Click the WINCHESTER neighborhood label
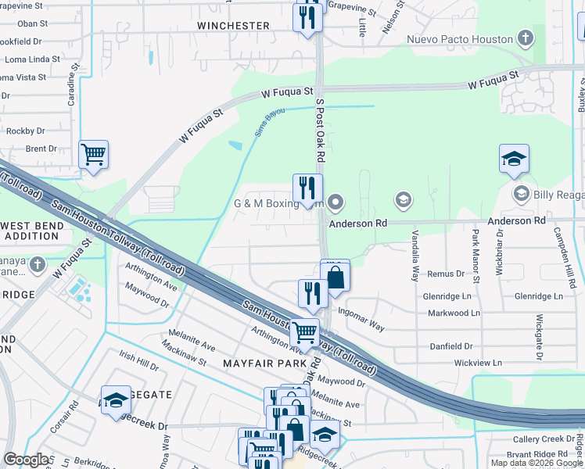(233, 26)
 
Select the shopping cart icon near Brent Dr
(94, 155)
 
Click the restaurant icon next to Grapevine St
(307, 17)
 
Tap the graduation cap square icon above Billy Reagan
(514, 159)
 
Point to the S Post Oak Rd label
(320, 130)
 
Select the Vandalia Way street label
(415, 259)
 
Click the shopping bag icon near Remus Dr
(335, 277)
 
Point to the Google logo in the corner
(26, 460)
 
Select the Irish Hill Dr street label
(138, 360)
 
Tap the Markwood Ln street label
(454, 313)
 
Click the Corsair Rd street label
(75, 417)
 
